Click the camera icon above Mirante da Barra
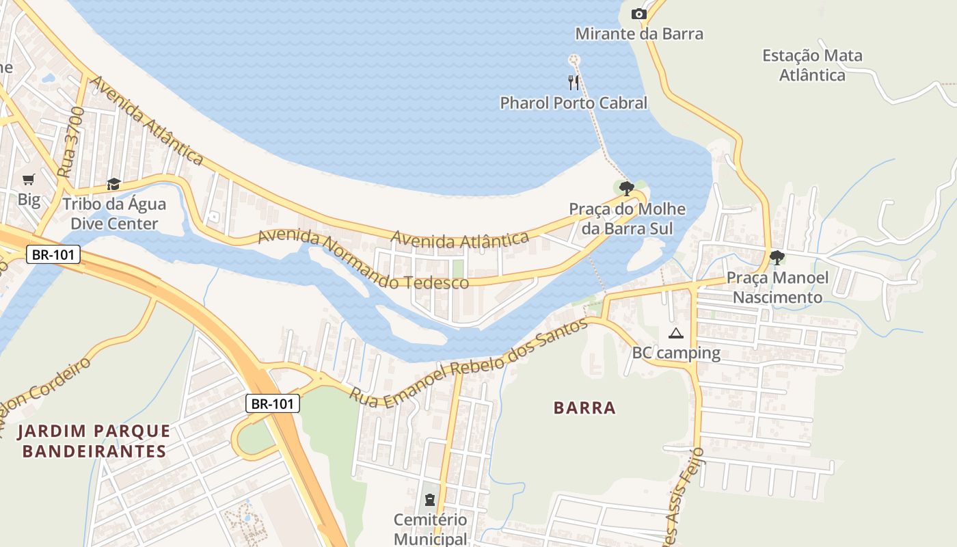coord(638,14)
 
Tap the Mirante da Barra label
coord(638,34)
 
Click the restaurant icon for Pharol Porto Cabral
coord(574,83)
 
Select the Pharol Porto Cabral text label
coord(574,103)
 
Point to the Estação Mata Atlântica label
coord(812,65)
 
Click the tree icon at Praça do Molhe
coord(626,188)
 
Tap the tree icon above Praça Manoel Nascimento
coord(777,258)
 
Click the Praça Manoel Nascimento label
coord(777,287)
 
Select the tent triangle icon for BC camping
coord(676,334)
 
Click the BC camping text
coord(676,353)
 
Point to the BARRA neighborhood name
coord(584,408)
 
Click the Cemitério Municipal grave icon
coord(430,500)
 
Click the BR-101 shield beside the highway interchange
coord(273,403)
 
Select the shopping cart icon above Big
coord(29,180)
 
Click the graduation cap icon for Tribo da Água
coord(113,185)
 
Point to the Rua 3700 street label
coord(71,142)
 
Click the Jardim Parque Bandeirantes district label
coord(94,441)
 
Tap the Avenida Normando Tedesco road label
coord(362,261)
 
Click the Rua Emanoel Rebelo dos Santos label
coord(469,361)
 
